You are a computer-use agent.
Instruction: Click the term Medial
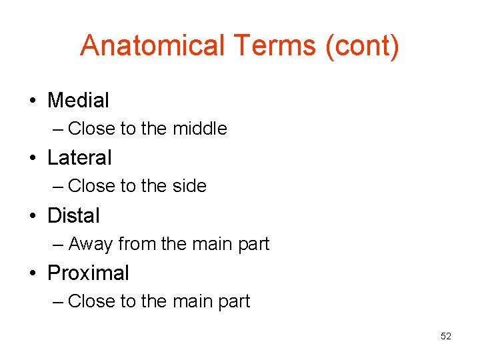pyautogui.click(x=78, y=101)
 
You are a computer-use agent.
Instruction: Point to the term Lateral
pyautogui.click(x=79, y=158)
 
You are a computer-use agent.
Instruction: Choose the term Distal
pyautogui.click(x=73, y=216)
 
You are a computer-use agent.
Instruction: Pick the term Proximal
pyautogui.click(x=88, y=273)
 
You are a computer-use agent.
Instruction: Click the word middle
pyautogui.click(x=199, y=129)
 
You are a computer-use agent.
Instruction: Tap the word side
pyautogui.click(x=189, y=186)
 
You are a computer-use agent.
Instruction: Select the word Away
pyautogui.click(x=90, y=245)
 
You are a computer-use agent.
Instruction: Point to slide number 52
pyautogui.click(x=446, y=336)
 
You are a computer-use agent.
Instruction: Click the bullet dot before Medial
pyautogui.click(x=32, y=101)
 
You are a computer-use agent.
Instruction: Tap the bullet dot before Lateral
pyautogui.click(x=32, y=159)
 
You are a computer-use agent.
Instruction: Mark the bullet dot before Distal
pyautogui.click(x=32, y=217)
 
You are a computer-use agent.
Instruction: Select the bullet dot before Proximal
pyautogui.click(x=32, y=274)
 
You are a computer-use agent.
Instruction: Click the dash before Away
pyautogui.click(x=58, y=245)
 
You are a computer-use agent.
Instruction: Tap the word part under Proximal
pyautogui.click(x=234, y=302)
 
